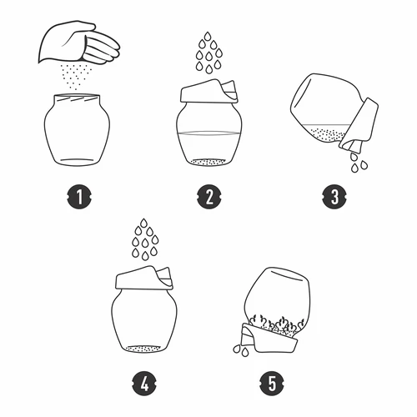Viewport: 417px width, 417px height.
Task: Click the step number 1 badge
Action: [79, 197]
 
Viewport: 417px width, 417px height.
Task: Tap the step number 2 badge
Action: [209, 197]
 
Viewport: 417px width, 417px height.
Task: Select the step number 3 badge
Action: [334, 197]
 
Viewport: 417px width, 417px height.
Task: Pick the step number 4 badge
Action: [144, 384]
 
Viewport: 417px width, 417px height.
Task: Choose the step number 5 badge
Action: [272, 384]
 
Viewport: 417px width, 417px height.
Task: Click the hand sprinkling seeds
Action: [79, 43]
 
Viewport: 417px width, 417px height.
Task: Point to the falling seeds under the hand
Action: [76, 77]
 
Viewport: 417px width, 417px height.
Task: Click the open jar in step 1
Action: [77, 130]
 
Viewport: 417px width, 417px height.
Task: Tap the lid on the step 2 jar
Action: [209, 91]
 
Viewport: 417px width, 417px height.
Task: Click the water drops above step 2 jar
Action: [209, 53]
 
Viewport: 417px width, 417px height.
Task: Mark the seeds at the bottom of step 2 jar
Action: [208, 162]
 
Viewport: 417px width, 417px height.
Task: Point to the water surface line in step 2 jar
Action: [208, 133]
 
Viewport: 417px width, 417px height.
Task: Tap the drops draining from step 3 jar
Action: [359, 163]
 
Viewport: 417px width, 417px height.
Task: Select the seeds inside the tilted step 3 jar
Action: [328, 135]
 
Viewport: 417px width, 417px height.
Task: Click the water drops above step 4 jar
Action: [144, 239]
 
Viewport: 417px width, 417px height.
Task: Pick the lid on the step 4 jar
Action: [144, 278]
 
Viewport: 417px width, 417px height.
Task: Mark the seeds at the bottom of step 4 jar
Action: [143, 349]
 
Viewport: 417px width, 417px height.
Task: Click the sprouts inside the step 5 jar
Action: [275, 324]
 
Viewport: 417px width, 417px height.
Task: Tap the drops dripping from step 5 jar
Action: [241, 350]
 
